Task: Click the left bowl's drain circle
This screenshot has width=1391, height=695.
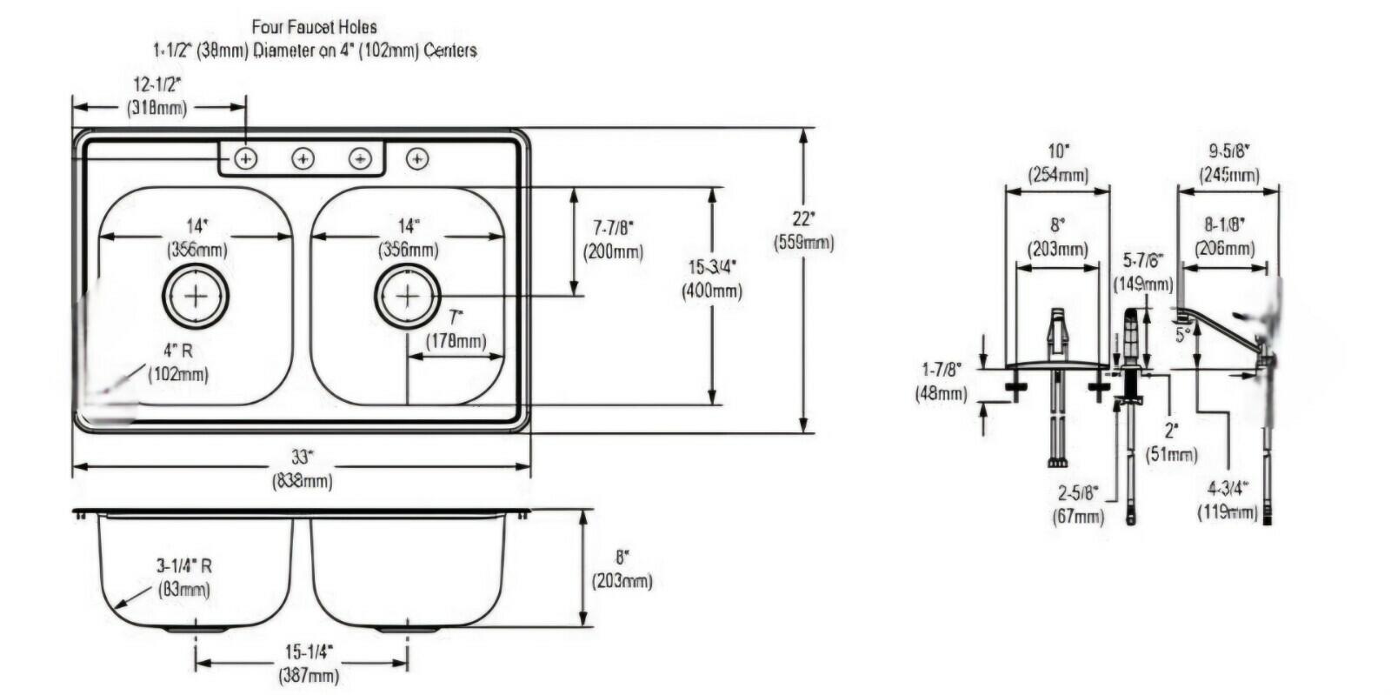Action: pos(196,296)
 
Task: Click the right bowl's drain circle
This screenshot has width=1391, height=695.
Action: pos(407,296)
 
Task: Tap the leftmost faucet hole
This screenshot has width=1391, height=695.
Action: pos(246,158)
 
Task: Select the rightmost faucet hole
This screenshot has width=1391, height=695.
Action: pos(418,158)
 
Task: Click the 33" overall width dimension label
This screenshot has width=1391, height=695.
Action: pos(301,467)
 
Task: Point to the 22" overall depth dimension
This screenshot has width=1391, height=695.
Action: pos(803,231)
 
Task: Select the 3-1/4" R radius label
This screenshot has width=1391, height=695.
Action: pos(183,577)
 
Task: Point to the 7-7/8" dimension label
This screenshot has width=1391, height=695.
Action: pos(613,239)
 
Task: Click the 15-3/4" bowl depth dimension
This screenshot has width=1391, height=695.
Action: pos(711,278)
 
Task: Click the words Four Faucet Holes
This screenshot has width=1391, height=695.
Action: pos(314,28)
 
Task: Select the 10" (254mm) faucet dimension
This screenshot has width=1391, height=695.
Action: pos(1057,162)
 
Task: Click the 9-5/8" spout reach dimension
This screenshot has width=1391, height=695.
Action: pos(1228,162)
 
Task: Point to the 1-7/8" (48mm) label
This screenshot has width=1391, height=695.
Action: pos(941,382)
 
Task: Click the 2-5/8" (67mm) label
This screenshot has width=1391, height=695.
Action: pos(1078,504)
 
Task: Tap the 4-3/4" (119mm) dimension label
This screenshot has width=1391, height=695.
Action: pos(1227,500)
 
